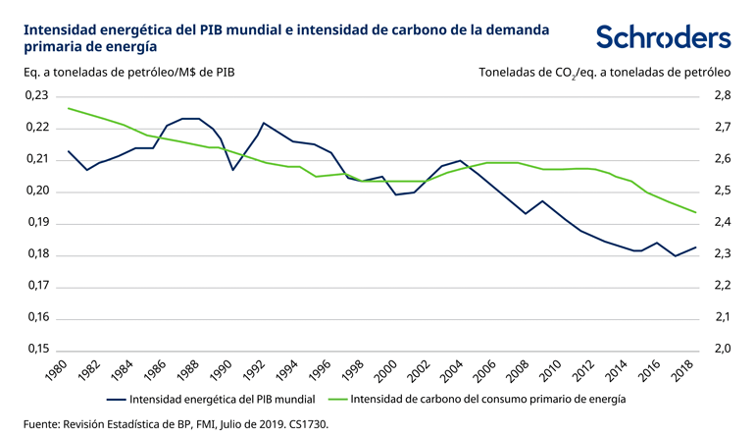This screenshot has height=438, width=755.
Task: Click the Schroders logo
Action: pos(663,37)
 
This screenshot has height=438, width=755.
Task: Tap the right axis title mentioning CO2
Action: pos(605,72)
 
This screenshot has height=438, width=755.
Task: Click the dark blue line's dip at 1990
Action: pos(232,170)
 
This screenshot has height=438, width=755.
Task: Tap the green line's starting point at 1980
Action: pos(68,108)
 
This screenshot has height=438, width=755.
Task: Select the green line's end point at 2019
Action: pos(696,212)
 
